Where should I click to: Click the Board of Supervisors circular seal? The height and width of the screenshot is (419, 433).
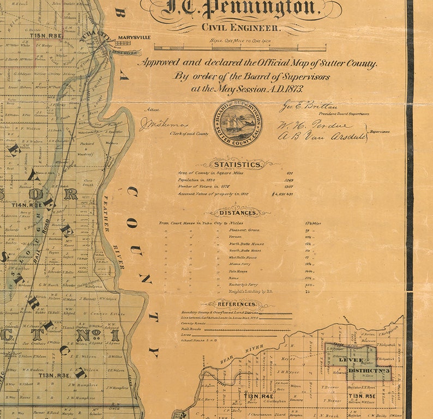click(x=237, y=124)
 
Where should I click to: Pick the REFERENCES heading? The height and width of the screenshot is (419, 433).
click(x=237, y=304)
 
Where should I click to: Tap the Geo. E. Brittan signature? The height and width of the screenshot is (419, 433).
click(x=309, y=106)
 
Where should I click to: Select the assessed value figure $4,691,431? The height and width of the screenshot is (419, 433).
click(x=282, y=193)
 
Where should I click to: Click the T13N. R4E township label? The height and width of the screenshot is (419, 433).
click(x=259, y=396)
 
